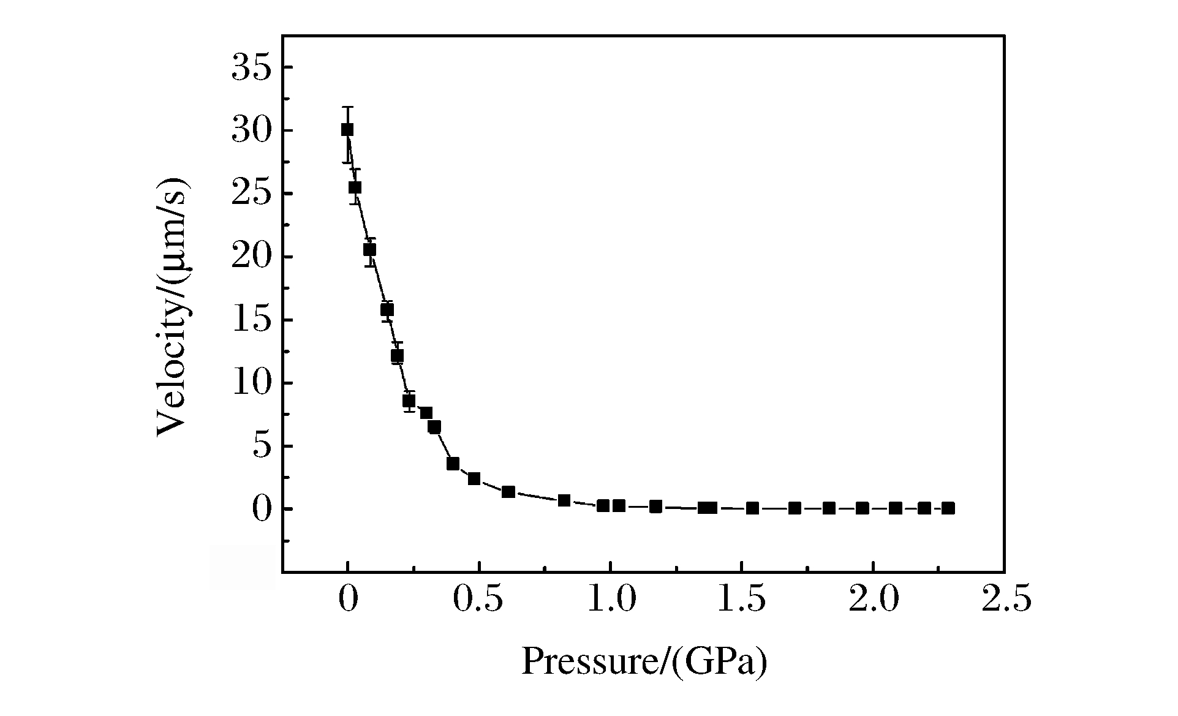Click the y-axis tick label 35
coord(251,68)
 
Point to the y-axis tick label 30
coord(251,131)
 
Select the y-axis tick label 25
coord(251,194)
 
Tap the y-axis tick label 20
coord(251,257)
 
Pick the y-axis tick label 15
coord(251,320)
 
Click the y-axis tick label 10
coord(251,383)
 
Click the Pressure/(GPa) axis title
coord(644,663)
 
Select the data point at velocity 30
coord(347,130)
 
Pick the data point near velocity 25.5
coord(355,187)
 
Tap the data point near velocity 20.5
coord(369,250)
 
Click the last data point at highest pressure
coord(948,508)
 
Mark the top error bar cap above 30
coord(347,107)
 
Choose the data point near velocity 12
coord(397,355)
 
